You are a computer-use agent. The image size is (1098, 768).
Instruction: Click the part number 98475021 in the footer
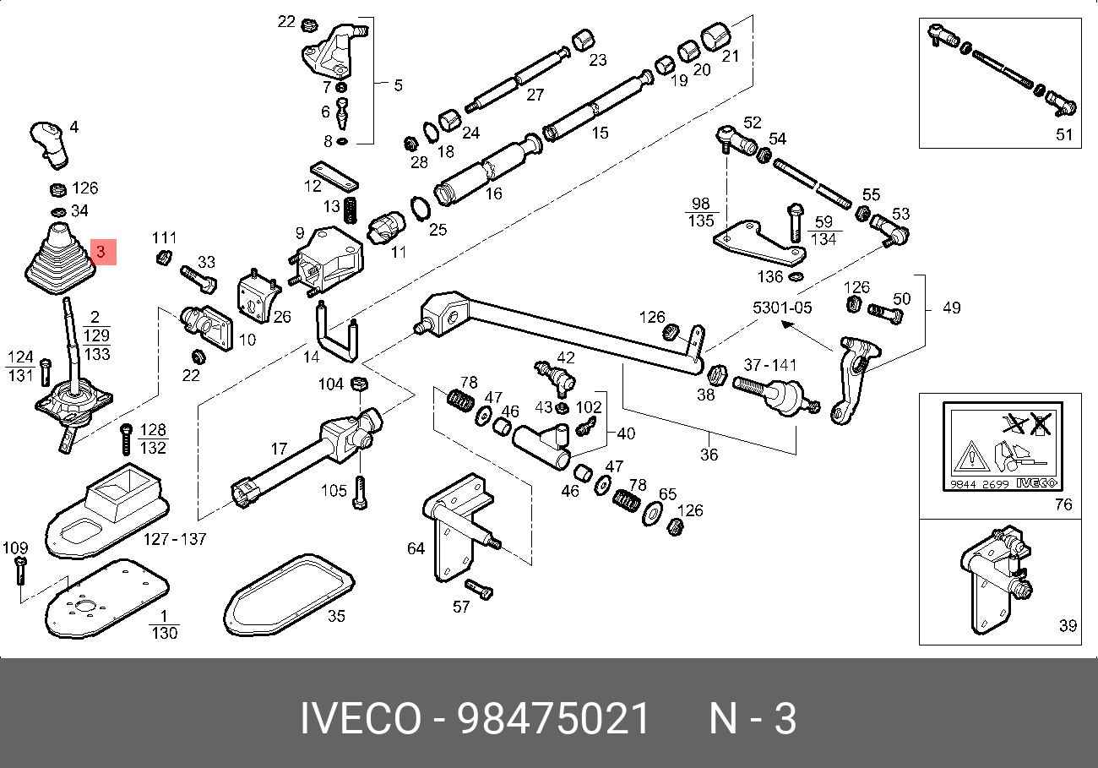tap(554, 720)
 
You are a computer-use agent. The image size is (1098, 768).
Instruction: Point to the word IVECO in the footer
tap(361, 720)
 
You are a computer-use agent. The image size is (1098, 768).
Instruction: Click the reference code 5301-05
tap(782, 308)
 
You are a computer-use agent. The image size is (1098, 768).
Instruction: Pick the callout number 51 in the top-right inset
tap(1063, 134)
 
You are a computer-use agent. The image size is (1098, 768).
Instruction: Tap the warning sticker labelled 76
tap(1002, 449)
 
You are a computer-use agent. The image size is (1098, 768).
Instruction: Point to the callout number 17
tap(280, 449)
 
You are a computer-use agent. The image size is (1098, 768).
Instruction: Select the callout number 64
tap(416, 549)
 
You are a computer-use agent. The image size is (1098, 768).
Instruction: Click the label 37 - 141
tap(769, 365)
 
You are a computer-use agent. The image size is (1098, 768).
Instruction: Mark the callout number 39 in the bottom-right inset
tap(1068, 626)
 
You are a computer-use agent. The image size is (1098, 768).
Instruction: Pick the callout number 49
tap(951, 308)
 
